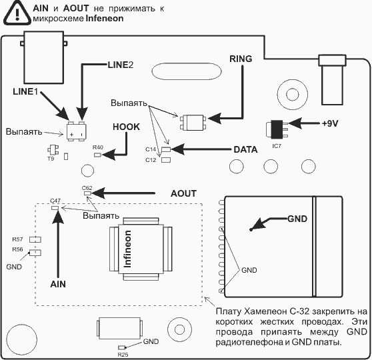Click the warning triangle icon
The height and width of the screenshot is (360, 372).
[x=17, y=14]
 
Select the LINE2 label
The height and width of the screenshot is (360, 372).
[x=121, y=65]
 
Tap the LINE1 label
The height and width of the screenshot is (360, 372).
[x=25, y=91]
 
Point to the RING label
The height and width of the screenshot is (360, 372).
[x=241, y=59]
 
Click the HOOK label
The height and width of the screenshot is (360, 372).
[x=126, y=127]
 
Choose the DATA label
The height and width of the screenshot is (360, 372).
[x=245, y=149]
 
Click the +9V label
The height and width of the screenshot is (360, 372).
[x=330, y=123]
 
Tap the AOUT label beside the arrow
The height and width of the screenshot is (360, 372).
[x=183, y=193]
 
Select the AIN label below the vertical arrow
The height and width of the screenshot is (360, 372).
[x=58, y=284]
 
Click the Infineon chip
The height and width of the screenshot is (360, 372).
[x=141, y=249]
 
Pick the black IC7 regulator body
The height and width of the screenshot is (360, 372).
[x=277, y=129]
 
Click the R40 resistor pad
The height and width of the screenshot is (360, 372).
[x=97, y=155]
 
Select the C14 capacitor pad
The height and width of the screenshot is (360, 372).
[x=166, y=149]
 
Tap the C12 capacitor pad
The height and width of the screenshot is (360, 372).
[x=166, y=160]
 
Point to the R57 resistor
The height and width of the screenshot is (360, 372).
[x=35, y=240]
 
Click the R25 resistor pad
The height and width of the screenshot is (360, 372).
[x=122, y=347]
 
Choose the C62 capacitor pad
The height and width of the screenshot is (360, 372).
[x=87, y=193]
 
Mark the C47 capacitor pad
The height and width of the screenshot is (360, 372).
[x=55, y=208]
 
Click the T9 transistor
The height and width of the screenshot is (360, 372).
[x=53, y=150]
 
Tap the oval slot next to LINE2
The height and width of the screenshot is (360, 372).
[x=187, y=71]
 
